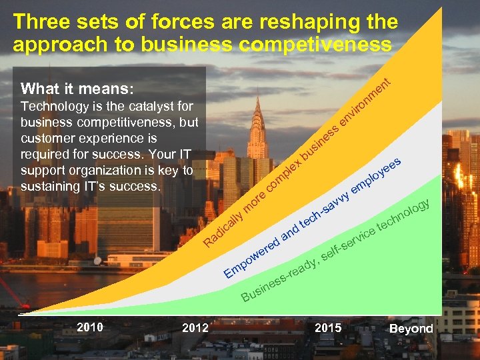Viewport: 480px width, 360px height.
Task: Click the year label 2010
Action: click(90, 327)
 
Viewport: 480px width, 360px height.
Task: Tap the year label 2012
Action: click(195, 327)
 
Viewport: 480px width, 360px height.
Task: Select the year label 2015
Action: click(328, 327)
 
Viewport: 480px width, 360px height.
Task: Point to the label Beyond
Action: click(411, 329)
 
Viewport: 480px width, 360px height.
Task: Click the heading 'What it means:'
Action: click(77, 89)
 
